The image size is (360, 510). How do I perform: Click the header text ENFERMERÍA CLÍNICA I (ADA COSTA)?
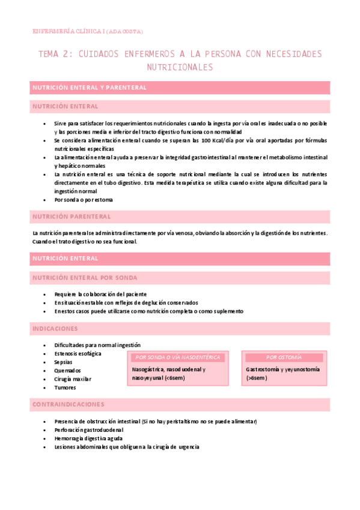(x=87, y=31)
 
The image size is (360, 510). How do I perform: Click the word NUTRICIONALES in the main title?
(x=180, y=67)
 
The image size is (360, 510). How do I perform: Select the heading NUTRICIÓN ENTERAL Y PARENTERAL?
(x=90, y=88)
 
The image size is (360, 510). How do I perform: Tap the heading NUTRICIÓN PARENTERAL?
(x=72, y=217)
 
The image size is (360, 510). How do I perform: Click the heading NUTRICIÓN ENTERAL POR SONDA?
(x=85, y=278)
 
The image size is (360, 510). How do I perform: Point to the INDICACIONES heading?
(x=55, y=329)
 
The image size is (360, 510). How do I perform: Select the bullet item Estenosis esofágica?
(x=78, y=354)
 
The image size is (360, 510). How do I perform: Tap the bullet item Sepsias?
(x=64, y=362)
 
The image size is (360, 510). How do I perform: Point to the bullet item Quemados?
(x=67, y=370)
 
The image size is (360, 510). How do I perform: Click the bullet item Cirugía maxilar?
(x=73, y=379)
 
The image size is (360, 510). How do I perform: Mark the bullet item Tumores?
(x=65, y=388)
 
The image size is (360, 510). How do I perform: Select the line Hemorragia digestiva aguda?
(x=88, y=438)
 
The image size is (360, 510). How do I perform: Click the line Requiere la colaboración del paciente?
(x=100, y=294)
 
